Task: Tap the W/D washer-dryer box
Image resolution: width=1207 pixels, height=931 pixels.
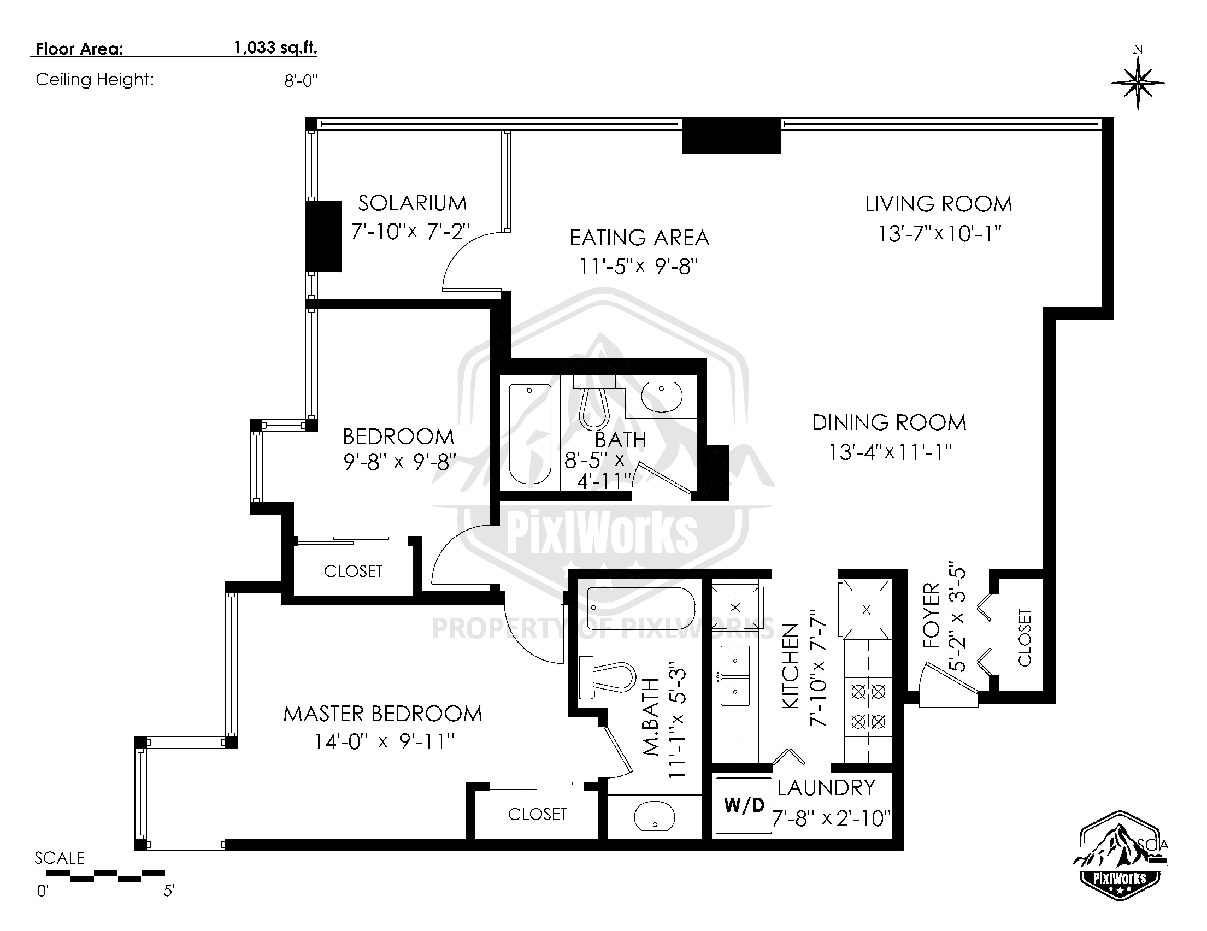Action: click(x=744, y=805)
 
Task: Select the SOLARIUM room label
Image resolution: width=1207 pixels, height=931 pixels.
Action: click(x=413, y=203)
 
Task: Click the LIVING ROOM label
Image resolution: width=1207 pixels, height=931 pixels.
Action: click(x=938, y=204)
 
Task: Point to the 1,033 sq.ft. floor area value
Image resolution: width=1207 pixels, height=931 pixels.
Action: click(x=276, y=48)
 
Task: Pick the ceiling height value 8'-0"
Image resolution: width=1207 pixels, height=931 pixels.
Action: click(x=301, y=81)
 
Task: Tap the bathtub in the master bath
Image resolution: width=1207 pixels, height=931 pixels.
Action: click(x=640, y=608)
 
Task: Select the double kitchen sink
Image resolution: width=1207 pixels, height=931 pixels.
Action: click(x=734, y=676)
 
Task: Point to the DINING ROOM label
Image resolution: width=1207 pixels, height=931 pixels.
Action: click(x=888, y=423)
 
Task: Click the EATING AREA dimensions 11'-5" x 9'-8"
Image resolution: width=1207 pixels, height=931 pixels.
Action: click(x=638, y=267)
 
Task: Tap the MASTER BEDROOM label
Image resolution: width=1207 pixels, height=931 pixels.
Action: click(x=382, y=714)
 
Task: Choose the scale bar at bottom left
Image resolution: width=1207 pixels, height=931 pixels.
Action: click(x=105, y=875)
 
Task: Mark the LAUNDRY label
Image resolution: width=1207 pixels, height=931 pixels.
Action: click(x=826, y=788)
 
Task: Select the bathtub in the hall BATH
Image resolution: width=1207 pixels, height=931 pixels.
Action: click(x=529, y=434)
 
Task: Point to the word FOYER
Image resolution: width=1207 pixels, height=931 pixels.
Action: click(x=931, y=616)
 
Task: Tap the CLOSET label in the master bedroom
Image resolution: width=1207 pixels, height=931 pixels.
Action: click(x=537, y=814)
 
